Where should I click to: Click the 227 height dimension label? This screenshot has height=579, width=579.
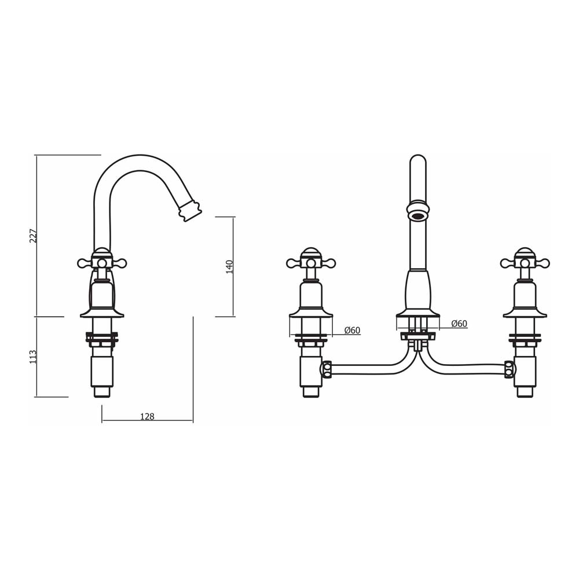click(33, 236)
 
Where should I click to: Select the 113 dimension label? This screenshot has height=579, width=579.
click(33, 356)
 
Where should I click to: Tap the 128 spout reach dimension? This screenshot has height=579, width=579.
click(147, 416)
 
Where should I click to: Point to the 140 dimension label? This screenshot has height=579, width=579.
click(229, 266)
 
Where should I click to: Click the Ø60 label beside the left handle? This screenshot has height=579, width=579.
click(352, 330)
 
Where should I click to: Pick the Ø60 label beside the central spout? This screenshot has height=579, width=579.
click(459, 324)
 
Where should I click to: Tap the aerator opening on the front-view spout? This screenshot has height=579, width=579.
click(417, 216)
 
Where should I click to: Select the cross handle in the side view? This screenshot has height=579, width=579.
click(102, 262)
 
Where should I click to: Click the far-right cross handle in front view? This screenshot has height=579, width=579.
click(525, 263)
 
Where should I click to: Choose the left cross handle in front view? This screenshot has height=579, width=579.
click(311, 263)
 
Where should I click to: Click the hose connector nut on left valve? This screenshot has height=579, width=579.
click(327, 369)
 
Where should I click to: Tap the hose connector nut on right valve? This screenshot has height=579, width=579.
click(510, 369)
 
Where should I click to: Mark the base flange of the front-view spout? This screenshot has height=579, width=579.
click(417, 314)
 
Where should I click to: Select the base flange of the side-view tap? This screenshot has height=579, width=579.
click(102, 313)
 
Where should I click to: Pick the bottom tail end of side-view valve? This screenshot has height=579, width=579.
click(102, 391)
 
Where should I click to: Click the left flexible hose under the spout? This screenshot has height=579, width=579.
click(371, 367)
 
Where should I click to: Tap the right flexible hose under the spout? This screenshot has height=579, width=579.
click(463, 367)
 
